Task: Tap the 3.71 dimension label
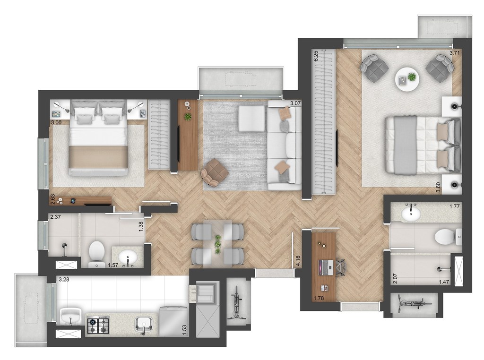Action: (x=455, y=53)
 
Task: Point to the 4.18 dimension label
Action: (x=298, y=261)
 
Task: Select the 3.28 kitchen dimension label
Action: (x=64, y=280)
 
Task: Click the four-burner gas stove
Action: (x=98, y=326)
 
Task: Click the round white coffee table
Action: (x=407, y=79)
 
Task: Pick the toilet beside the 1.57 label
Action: (x=96, y=254)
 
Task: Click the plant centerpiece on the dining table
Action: (x=218, y=244)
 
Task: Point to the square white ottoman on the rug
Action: (x=251, y=118)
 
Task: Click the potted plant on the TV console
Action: (x=187, y=117)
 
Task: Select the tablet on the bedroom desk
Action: (x=73, y=201)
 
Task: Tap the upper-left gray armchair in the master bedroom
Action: (x=374, y=67)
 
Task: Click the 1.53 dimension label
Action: (x=185, y=330)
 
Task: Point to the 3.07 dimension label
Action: (x=295, y=103)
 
